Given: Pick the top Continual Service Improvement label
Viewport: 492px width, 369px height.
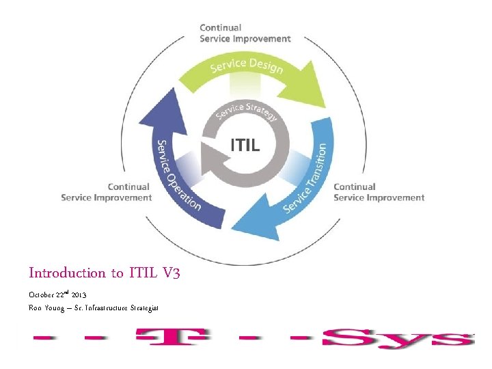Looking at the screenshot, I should click(245, 33).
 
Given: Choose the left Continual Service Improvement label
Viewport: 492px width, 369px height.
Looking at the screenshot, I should click(106, 192).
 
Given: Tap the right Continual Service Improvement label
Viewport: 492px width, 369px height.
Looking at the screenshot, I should click(379, 192).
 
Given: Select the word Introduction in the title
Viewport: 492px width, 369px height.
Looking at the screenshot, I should click(67, 273).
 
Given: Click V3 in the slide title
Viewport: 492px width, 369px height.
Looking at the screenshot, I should click(172, 273).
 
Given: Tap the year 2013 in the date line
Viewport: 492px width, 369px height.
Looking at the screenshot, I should click(79, 295).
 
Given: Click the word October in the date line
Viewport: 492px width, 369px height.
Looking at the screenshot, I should click(42, 295).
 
